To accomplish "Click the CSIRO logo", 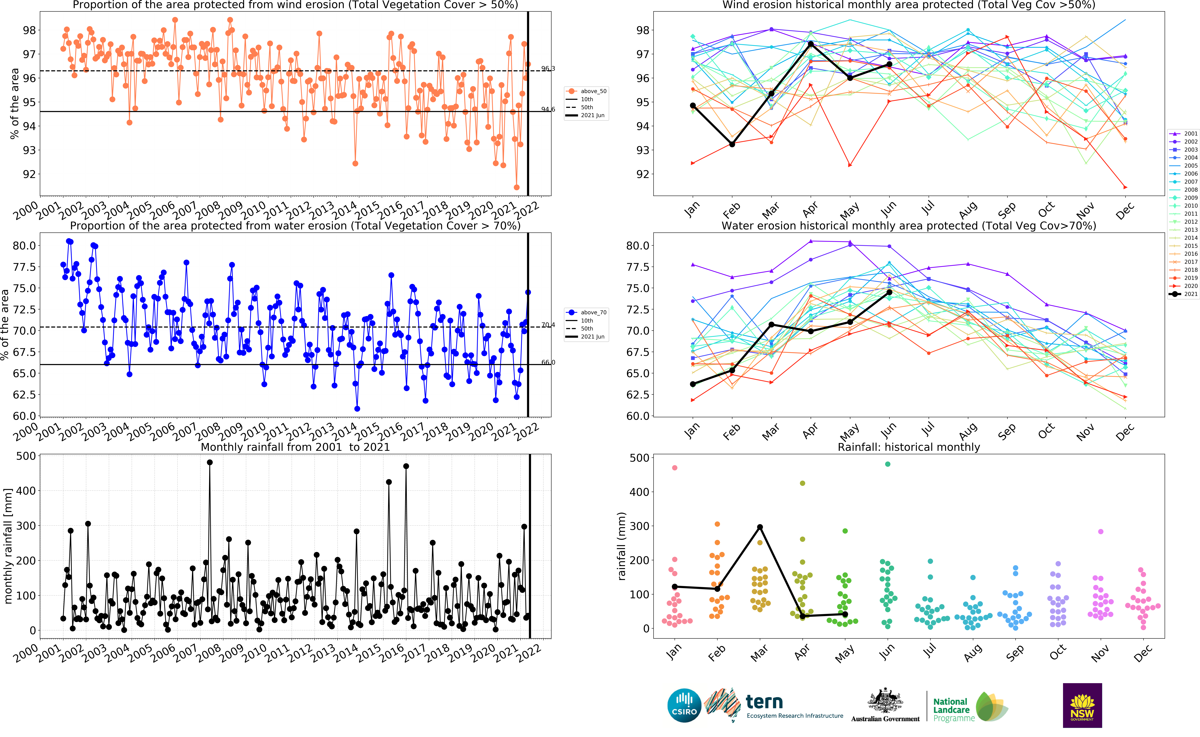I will [684, 705].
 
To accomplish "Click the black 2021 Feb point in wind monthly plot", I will [732, 144].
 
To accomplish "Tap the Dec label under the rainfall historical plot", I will [1143, 653].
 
